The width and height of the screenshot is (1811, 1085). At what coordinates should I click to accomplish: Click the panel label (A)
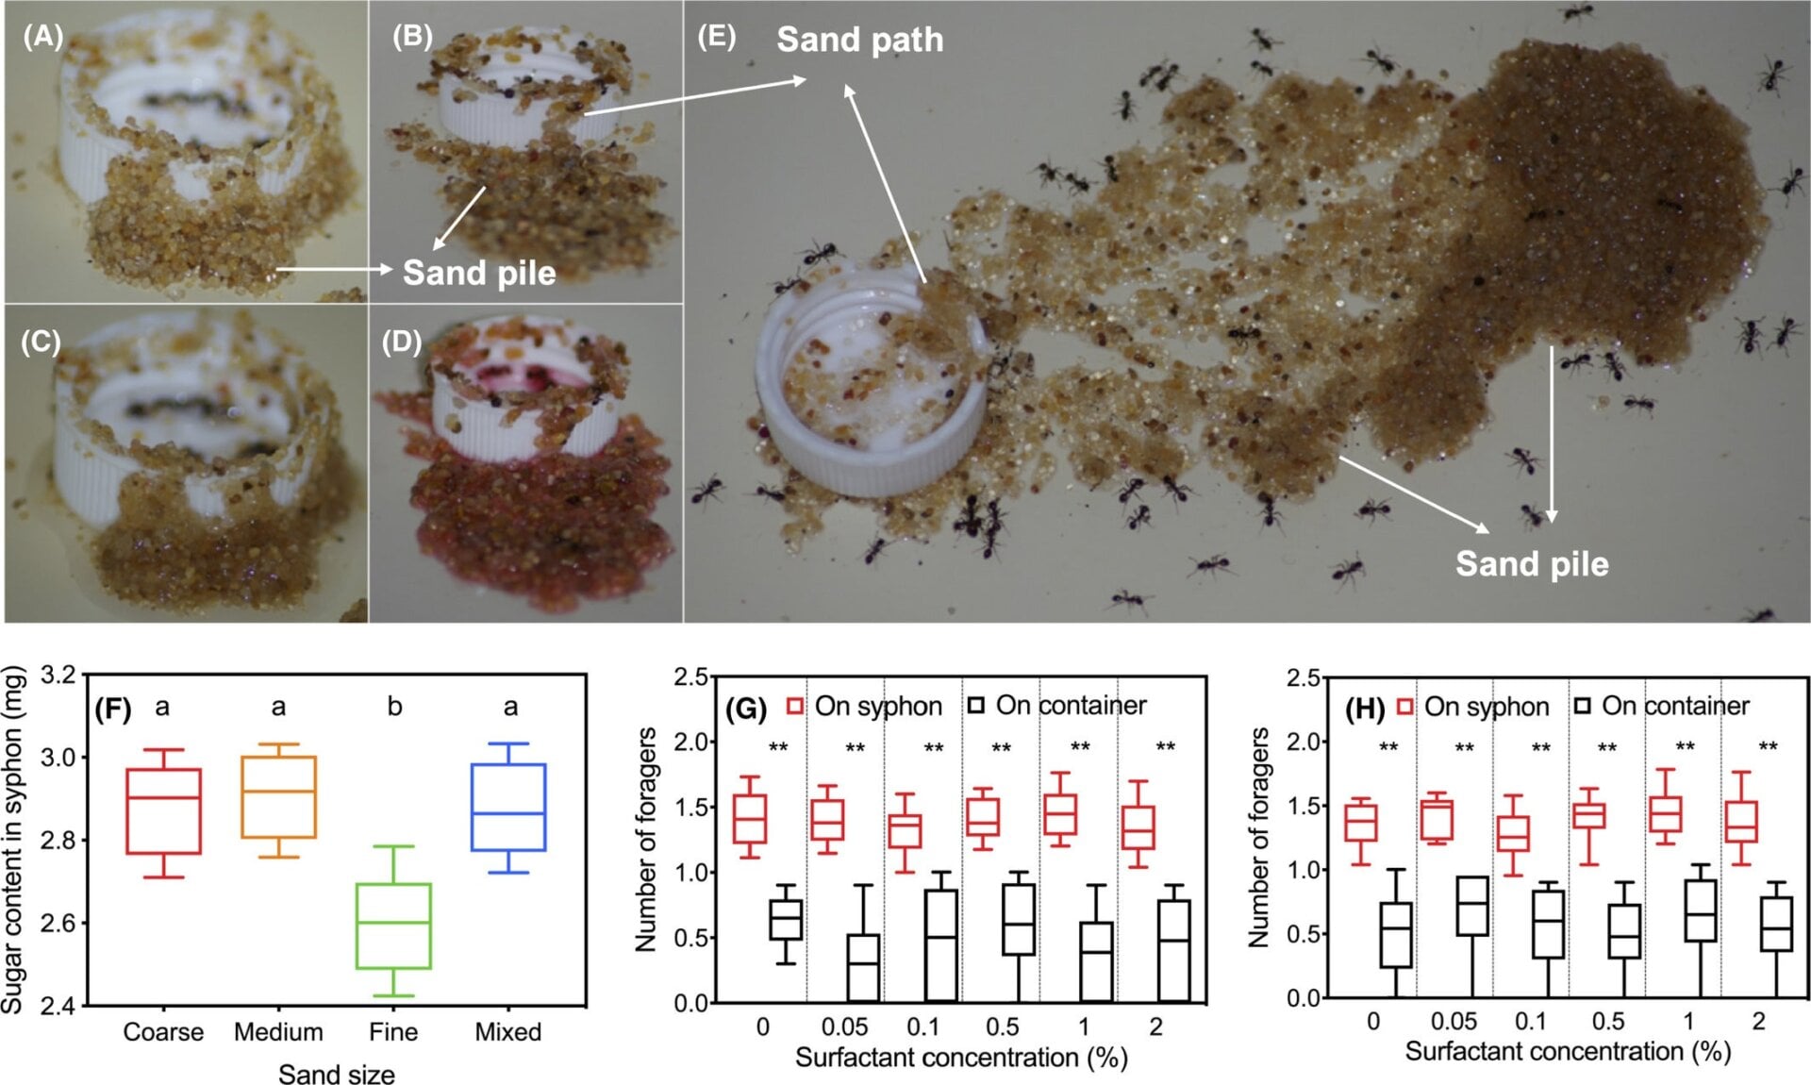coord(42,37)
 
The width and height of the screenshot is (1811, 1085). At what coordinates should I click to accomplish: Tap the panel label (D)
coord(401,342)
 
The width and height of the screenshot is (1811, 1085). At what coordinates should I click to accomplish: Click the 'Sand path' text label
coord(859,40)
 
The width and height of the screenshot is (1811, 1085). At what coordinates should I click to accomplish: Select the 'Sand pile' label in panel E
coord(1532,563)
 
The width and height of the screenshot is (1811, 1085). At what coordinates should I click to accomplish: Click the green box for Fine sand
coord(393,926)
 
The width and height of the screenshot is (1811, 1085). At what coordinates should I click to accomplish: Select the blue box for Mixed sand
coord(509,807)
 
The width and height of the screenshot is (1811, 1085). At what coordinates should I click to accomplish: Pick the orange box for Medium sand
coord(278,796)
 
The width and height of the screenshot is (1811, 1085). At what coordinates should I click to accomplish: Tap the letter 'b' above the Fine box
coord(394,706)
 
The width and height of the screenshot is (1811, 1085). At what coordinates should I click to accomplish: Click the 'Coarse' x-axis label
coord(163,1031)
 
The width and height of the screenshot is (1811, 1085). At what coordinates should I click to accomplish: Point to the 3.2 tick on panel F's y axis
coord(58,676)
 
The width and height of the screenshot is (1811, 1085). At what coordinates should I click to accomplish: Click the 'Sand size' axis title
coord(337,1073)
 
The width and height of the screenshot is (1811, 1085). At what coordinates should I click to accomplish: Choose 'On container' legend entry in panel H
coord(1662,706)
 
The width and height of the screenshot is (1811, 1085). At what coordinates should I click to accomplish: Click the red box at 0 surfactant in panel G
coord(750,818)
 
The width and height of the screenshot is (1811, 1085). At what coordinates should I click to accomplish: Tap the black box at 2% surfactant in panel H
coord(1776,924)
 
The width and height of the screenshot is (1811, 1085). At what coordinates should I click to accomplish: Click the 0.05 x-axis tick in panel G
coord(844,1027)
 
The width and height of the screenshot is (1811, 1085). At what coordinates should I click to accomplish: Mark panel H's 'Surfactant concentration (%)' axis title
coord(1568,1051)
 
